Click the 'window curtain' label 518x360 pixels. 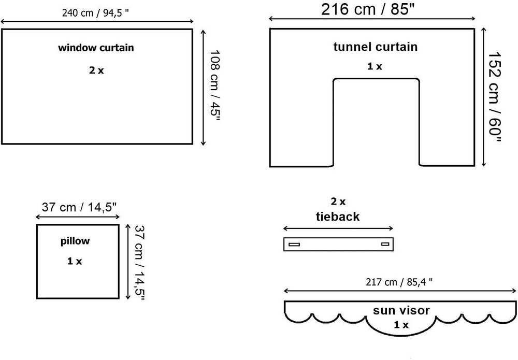96,48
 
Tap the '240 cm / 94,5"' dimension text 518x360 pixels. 95,13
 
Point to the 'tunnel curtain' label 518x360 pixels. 375,47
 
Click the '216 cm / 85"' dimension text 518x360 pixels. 368,9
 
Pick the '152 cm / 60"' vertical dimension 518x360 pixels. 495,97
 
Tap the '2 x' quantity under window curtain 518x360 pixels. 96,70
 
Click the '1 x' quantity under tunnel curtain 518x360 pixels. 375,66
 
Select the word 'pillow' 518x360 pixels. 75,241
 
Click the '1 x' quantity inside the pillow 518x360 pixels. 75,261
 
